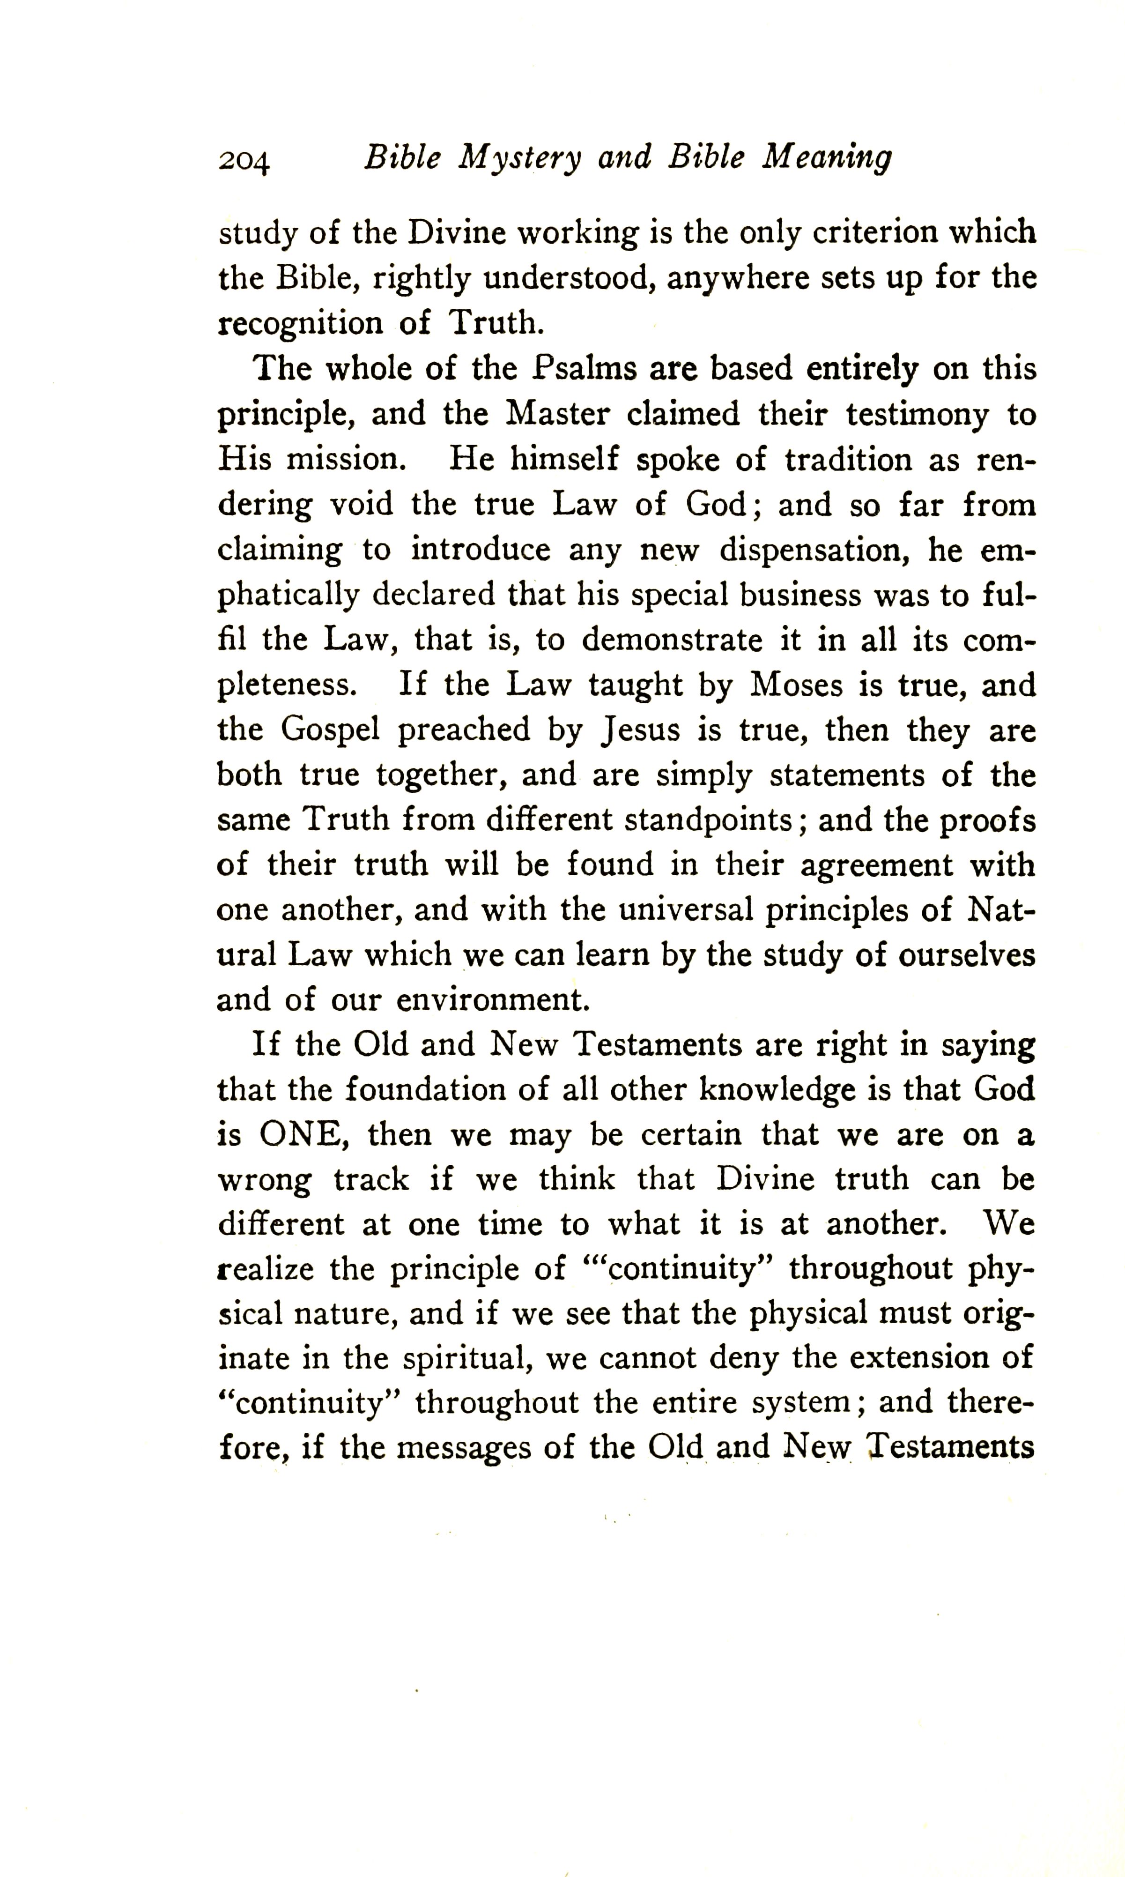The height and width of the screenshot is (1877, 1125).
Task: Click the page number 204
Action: click(x=244, y=161)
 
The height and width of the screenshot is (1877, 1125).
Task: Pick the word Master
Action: click(x=557, y=414)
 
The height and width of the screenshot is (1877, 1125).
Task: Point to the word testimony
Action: click(x=918, y=414)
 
